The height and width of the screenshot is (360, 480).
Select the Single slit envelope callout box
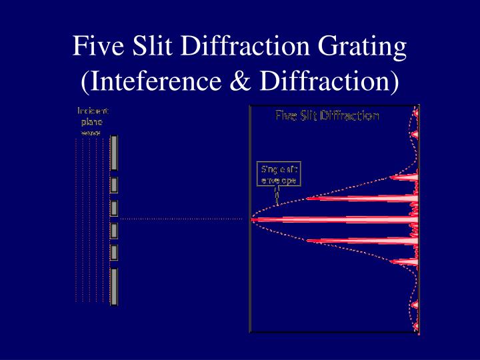(279, 174)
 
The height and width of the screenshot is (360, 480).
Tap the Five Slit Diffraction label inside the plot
(327, 116)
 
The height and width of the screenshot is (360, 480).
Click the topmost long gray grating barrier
(114, 153)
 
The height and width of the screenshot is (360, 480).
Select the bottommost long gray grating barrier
(114, 286)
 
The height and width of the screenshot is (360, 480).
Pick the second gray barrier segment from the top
(114, 185)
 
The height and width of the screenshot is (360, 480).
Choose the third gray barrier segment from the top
(114, 207)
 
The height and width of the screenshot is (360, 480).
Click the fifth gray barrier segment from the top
(114, 252)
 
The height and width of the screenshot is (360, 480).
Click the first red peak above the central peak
(360, 198)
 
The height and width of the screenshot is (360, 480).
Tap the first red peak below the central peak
(360, 240)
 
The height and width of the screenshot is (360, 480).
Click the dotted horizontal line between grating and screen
(180, 219)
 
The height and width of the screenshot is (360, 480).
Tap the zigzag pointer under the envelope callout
(277, 195)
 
